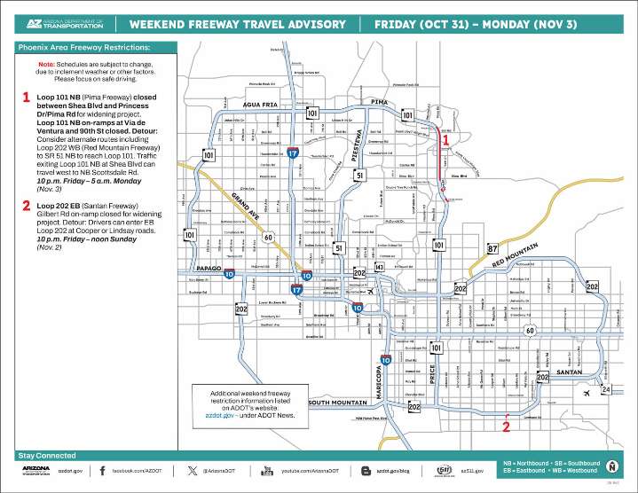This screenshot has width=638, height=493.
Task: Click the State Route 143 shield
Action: tap(379, 267)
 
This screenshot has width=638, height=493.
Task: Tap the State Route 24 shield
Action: tap(606, 389)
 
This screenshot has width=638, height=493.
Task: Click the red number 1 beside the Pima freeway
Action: tap(446, 138)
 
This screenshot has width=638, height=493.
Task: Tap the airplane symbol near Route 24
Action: tap(586, 393)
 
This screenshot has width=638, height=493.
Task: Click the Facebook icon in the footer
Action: tap(103, 470)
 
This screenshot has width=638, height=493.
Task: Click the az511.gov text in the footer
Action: tap(475, 471)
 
